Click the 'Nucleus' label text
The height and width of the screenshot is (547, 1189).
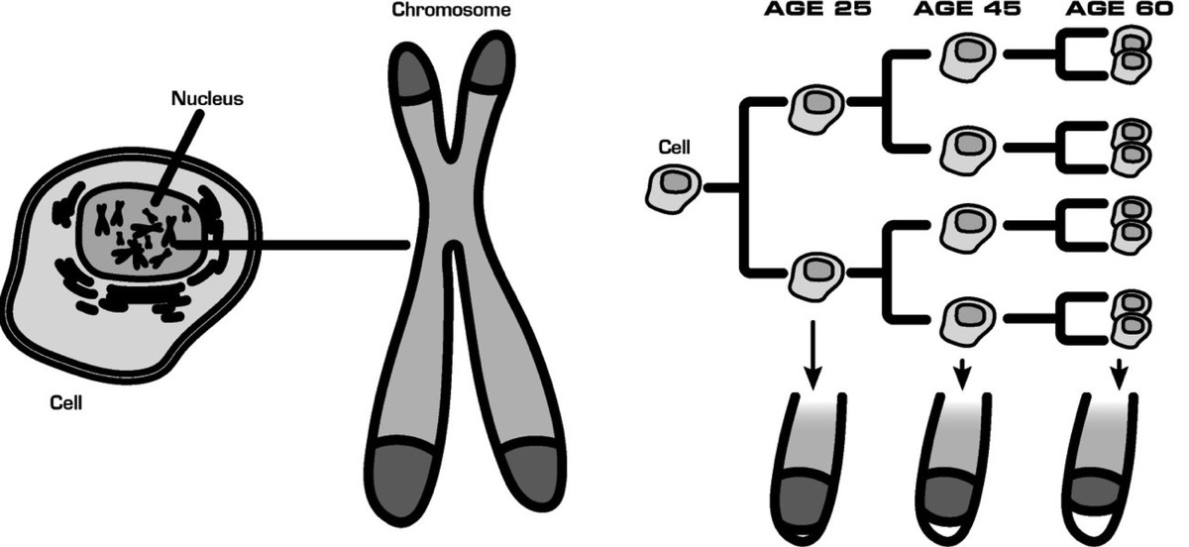[206, 99]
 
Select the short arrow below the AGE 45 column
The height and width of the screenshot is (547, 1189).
[960, 376]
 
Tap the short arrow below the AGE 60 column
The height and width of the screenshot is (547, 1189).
[1119, 376]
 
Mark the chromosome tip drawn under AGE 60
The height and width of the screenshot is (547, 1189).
[1109, 466]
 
